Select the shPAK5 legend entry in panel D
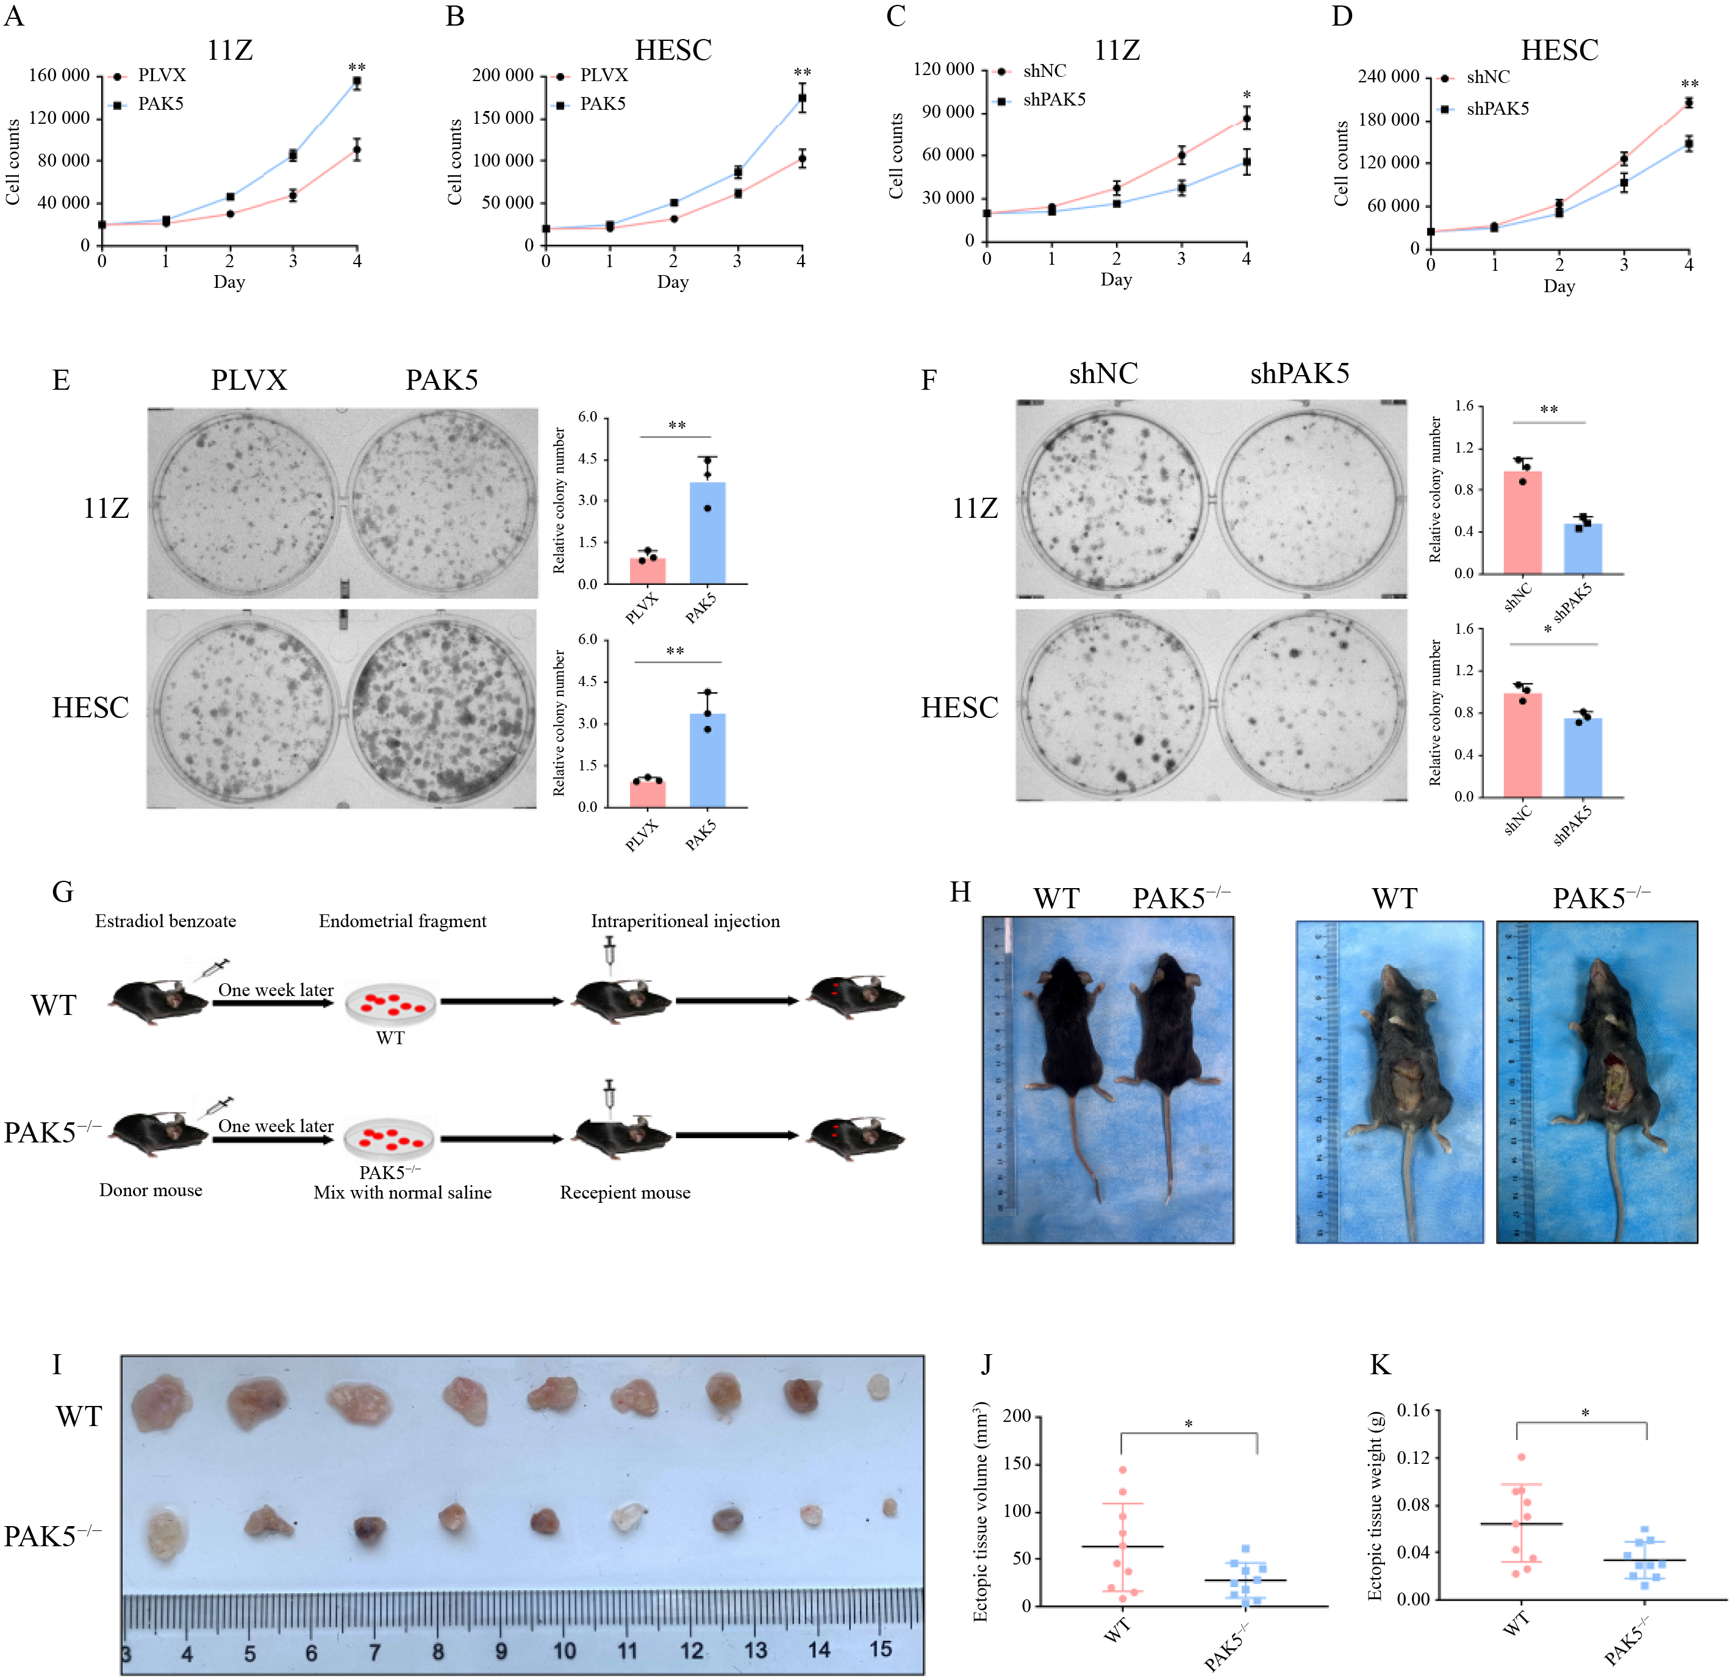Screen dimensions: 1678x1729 tap(1497, 109)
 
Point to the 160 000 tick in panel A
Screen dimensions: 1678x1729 tap(59, 76)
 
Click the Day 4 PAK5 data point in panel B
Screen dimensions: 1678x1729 tap(801, 98)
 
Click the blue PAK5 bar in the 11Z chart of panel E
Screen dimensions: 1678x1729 tap(707, 533)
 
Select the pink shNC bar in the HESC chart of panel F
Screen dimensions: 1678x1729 tap(1523, 745)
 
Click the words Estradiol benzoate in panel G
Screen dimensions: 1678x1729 tap(166, 921)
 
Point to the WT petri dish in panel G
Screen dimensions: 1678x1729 tap(390, 1003)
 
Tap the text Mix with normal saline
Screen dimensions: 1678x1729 tap(403, 1192)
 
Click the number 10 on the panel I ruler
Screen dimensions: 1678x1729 tap(564, 1650)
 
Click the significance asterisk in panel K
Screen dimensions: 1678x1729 tap(1584, 1413)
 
